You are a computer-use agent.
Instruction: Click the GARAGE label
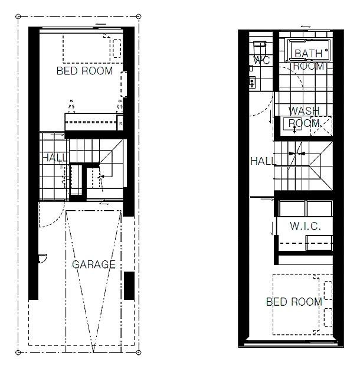click(x=94, y=264)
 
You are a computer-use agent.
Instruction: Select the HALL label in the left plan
click(x=54, y=158)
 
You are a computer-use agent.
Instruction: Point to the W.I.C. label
click(x=306, y=226)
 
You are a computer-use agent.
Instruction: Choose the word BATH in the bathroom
click(x=309, y=54)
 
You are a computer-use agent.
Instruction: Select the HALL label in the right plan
click(x=263, y=161)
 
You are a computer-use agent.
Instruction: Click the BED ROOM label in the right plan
click(x=294, y=302)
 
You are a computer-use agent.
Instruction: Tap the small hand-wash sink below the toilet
click(x=251, y=81)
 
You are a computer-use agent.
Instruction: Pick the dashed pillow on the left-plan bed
click(x=117, y=47)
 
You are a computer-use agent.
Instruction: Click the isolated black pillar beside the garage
click(x=129, y=286)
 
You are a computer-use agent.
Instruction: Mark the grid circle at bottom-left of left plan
click(x=19, y=354)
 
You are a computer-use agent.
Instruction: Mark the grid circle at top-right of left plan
click(x=139, y=15)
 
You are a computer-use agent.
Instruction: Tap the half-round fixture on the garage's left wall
click(x=42, y=257)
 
